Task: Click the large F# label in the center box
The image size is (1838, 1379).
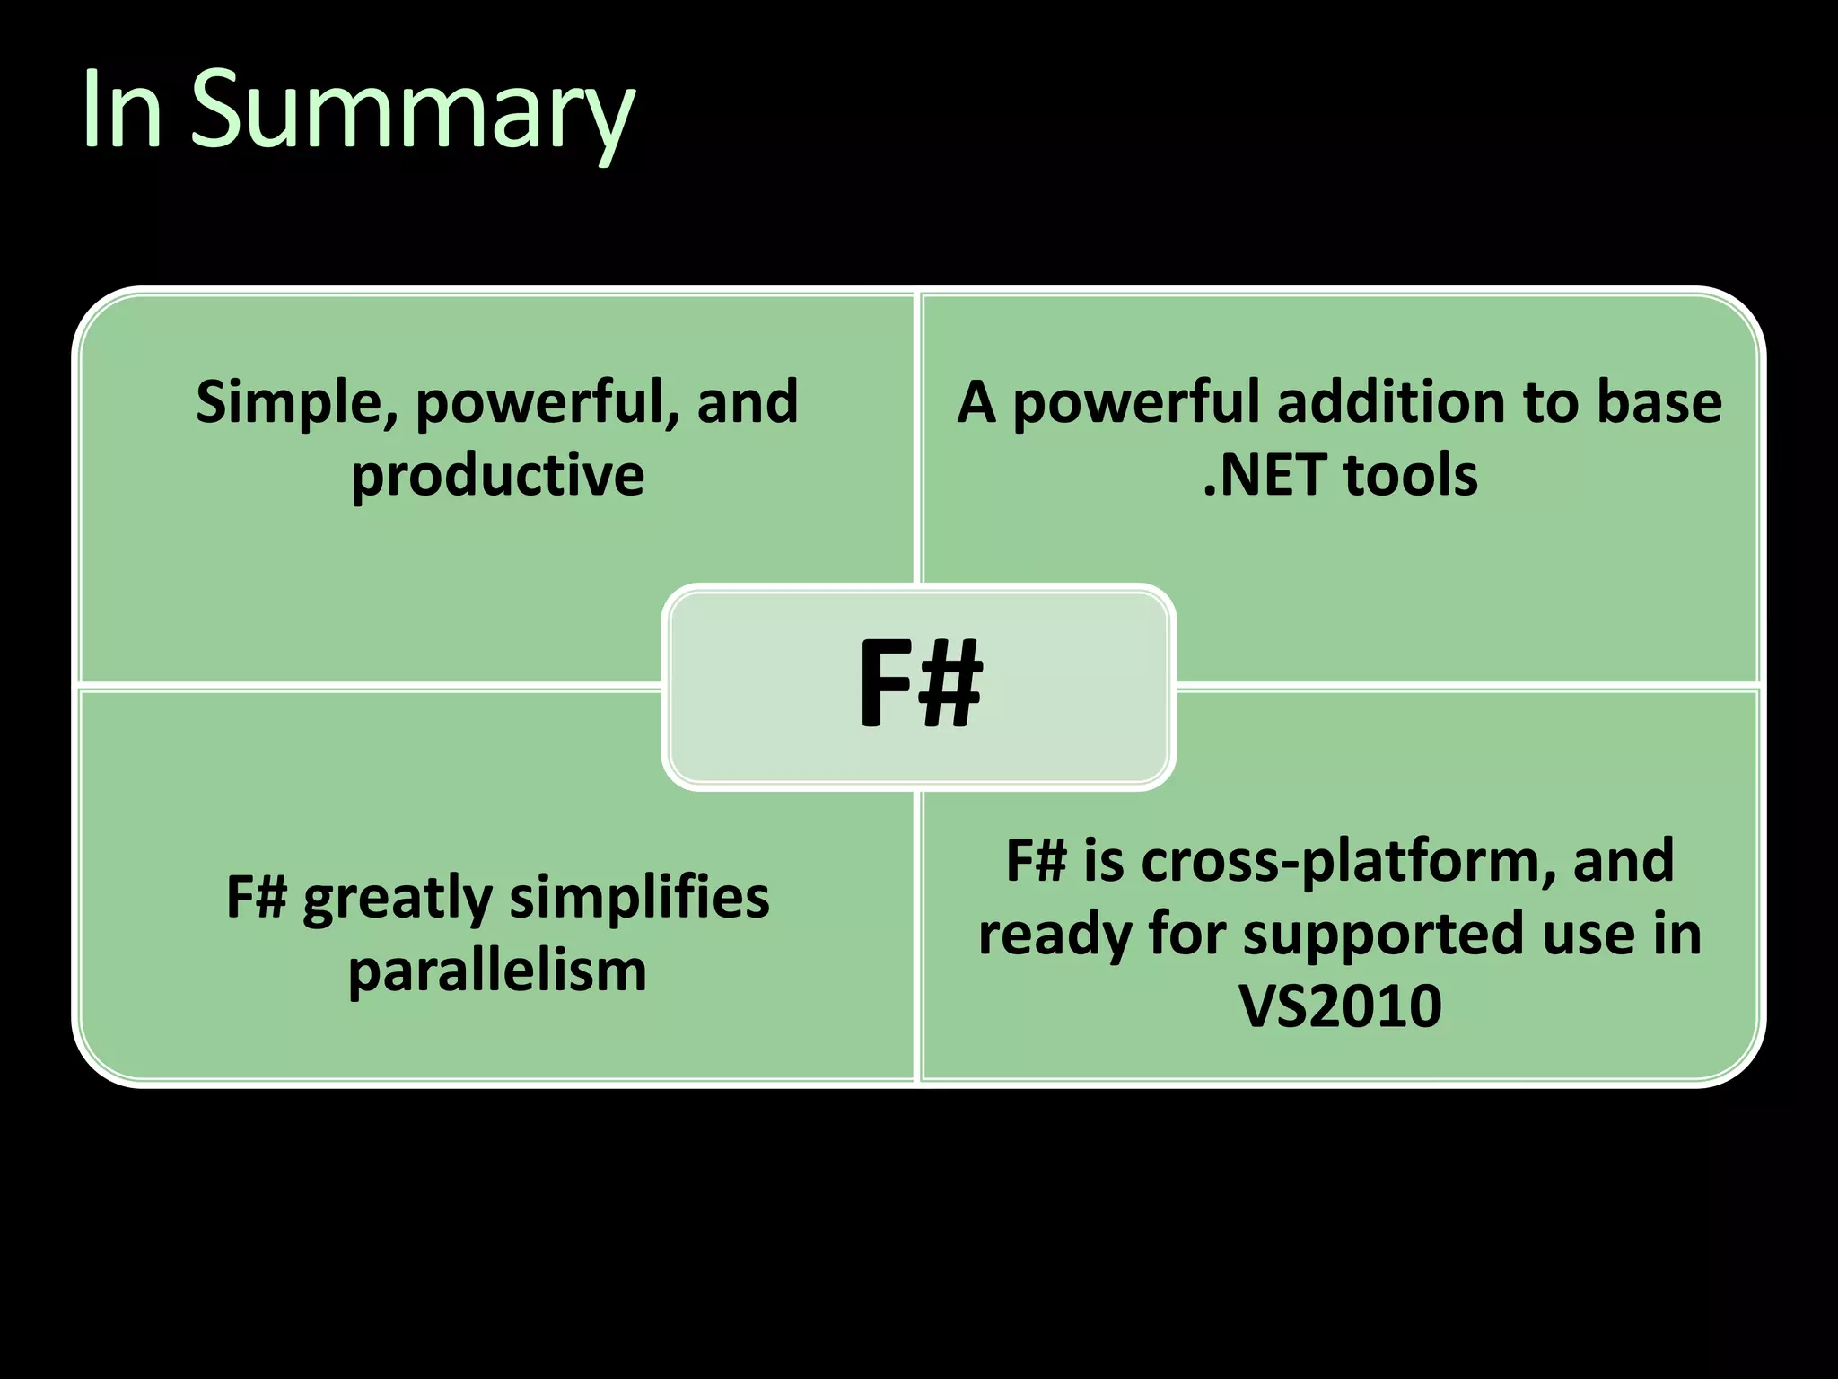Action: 920,684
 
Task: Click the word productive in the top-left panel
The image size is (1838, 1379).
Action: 497,475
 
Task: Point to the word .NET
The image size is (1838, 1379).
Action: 1265,475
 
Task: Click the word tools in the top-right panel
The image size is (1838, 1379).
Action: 1411,475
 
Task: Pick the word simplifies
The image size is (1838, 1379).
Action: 639,898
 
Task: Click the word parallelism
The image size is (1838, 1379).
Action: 497,971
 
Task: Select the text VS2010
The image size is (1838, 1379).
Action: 1340,1006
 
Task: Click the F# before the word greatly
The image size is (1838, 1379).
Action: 257,898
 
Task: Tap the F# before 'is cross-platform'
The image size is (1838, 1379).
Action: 1037,861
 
